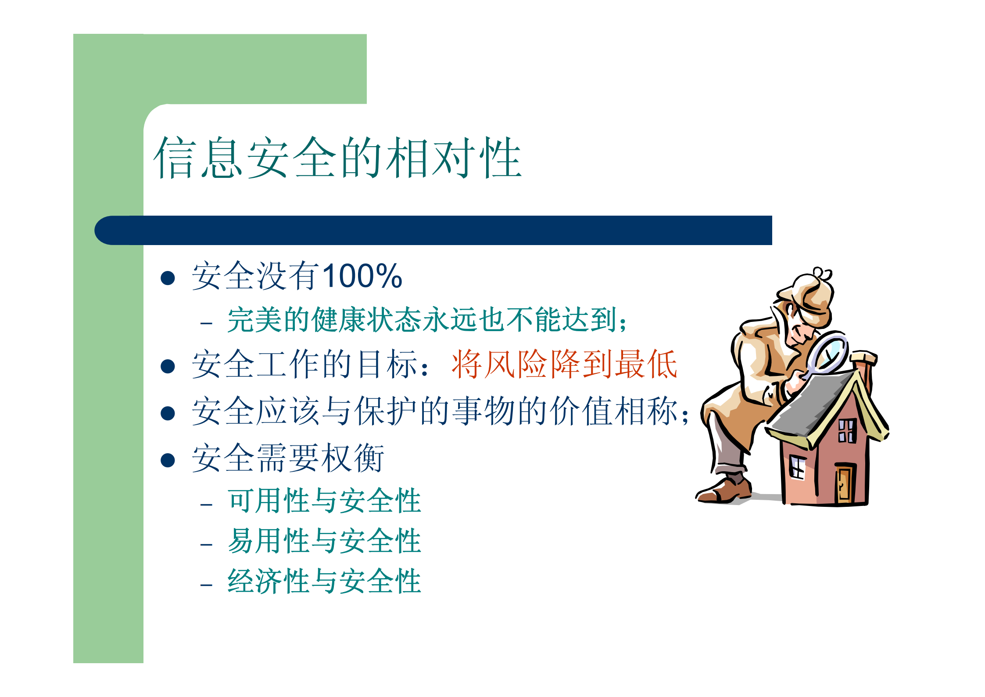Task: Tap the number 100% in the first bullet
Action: pos(362,276)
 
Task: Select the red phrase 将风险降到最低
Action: pos(564,365)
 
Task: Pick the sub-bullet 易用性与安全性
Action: pos(324,541)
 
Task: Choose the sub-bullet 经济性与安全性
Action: pos(324,581)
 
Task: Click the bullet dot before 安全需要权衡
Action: pos(168,460)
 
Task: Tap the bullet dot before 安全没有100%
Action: pos(168,278)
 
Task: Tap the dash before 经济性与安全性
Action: pos(206,585)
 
